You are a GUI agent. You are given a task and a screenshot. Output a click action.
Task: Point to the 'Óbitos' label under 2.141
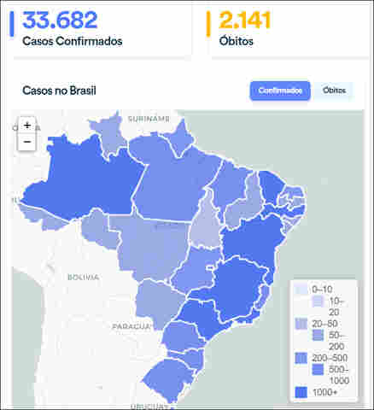pos(235,40)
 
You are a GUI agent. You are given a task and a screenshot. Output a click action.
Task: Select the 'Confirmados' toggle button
pos(279,91)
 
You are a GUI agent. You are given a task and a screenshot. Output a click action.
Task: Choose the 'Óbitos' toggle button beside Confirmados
pos(333,91)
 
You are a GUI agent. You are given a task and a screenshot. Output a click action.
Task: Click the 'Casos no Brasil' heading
pos(60,91)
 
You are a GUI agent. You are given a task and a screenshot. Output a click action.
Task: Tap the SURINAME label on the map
pos(149,120)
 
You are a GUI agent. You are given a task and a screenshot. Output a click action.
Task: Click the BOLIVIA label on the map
pos(84,278)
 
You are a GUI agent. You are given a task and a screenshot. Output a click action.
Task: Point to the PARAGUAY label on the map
pos(132,326)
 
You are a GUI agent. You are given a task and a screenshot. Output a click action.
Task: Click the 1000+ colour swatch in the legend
pos(299,392)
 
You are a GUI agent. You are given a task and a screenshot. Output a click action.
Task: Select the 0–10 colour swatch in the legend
pos(299,289)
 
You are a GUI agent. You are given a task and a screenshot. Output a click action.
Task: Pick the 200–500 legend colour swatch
pos(299,357)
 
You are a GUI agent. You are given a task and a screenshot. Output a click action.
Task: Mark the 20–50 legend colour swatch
pos(299,324)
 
